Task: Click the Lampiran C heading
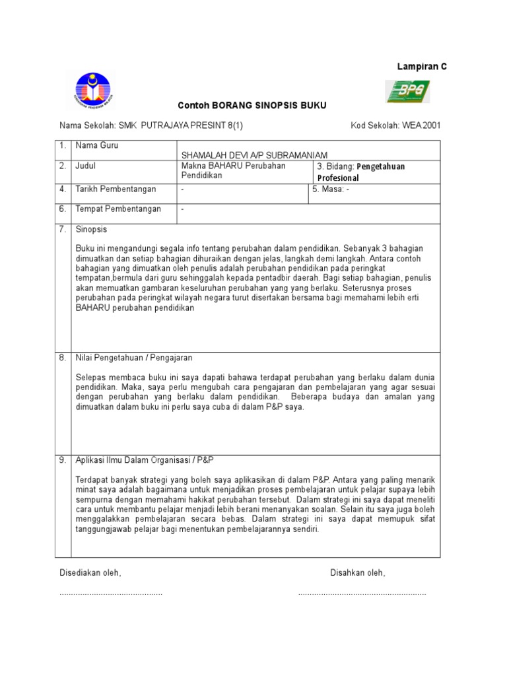[x=421, y=67]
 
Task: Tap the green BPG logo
[x=407, y=91]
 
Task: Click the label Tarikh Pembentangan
[x=116, y=189]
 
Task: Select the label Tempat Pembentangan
[x=118, y=209]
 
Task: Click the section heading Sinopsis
[x=91, y=230]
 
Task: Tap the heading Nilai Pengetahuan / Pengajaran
[x=134, y=358]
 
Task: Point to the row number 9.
[x=63, y=460]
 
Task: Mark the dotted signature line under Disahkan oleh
[x=361, y=594]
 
